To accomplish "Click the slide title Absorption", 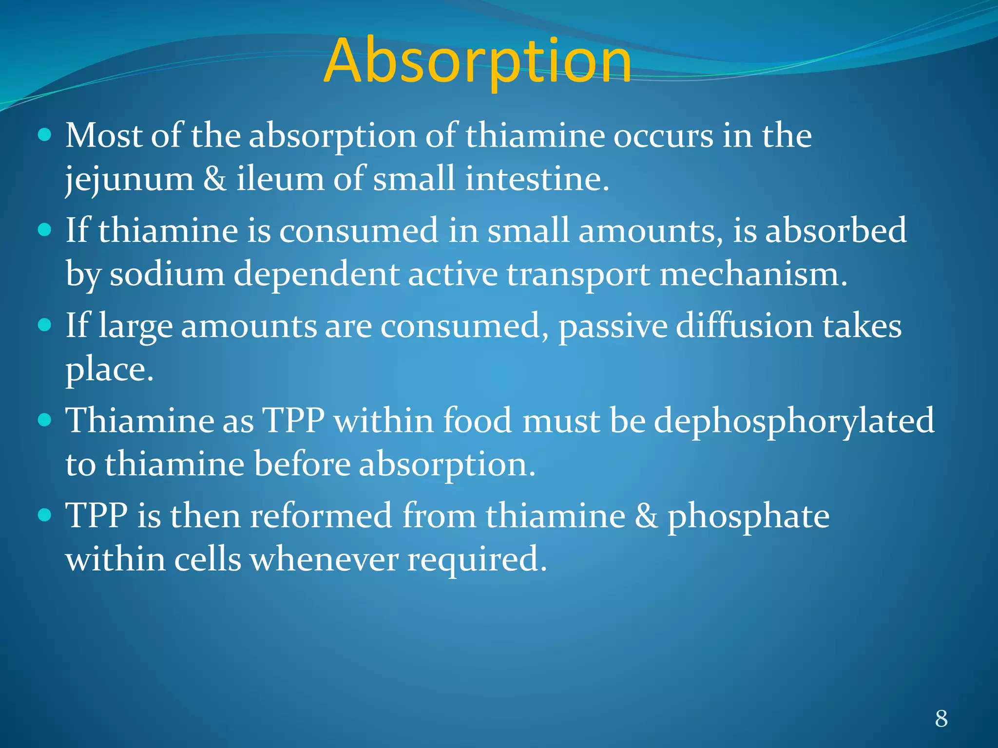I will click(x=477, y=61).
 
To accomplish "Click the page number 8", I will click(x=941, y=718).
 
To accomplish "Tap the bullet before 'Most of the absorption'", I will click(x=44, y=135).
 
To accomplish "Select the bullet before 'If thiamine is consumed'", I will click(x=44, y=229).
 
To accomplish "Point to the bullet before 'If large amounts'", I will click(x=44, y=325).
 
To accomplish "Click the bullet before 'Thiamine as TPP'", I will click(x=44, y=419).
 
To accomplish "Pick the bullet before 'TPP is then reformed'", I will click(x=44, y=515).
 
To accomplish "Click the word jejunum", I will click(x=130, y=180).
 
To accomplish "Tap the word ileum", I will click(x=280, y=179).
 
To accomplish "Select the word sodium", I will click(x=167, y=274).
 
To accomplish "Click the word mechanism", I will click(x=753, y=274).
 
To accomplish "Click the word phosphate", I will click(x=748, y=517).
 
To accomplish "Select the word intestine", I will click(x=537, y=179).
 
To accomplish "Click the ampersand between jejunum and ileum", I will click(x=215, y=179).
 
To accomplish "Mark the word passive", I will click(x=613, y=326).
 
